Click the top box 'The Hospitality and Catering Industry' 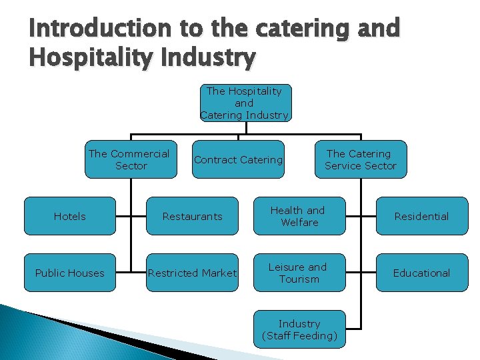pos(244,103)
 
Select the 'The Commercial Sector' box pos(131,159)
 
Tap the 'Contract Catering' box pos(238,160)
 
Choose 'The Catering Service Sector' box pos(361,159)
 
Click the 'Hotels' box pos(70,216)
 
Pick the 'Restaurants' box pos(192,216)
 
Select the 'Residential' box pos(421,216)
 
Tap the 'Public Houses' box pos(70,273)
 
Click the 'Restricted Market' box pos(192,273)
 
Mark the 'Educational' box pos(421,273)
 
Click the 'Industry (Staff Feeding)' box pos(299,329)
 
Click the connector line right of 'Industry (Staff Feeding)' pos(353,329)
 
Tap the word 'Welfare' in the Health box pos(299,223)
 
